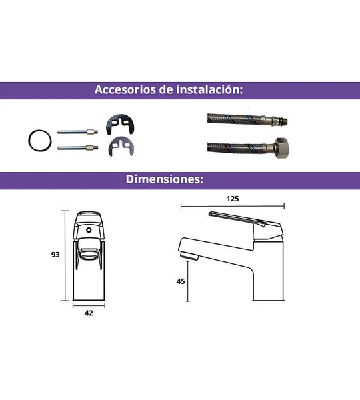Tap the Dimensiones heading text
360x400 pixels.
tap(164, 179)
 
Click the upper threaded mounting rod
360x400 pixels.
tap(77, 131)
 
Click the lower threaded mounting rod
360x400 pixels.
tap(77, 147)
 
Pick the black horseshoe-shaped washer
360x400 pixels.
tap(120, 124)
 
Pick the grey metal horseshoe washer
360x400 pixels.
tap(121, 146)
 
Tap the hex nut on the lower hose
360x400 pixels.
tap(282, 148)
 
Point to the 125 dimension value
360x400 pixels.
tap(233, 199)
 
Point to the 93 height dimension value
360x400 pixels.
tap(55, 255)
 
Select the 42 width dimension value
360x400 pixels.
tap(89, 313)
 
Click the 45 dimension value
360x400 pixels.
tap(181, 281)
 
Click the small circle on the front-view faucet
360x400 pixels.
tap(89, 230)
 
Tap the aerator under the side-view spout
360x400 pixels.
tap(189, 256)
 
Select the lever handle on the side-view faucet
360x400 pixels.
tap(237, 219)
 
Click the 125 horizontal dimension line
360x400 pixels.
tap(233, 206)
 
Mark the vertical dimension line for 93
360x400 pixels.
tap(65, 255)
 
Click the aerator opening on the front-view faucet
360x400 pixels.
tap(89, 255)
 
